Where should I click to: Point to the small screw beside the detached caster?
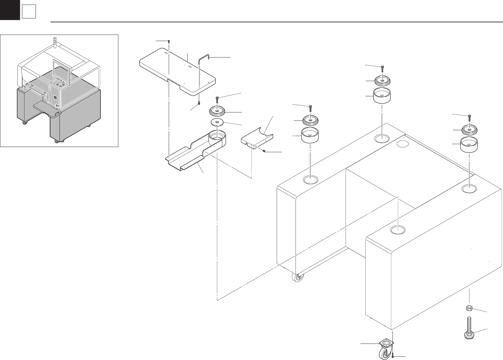392,355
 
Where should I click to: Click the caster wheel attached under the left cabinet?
297,278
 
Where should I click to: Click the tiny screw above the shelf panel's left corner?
169,41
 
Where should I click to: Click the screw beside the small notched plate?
264,151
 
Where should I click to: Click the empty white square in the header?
28,12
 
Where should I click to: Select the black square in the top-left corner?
10,10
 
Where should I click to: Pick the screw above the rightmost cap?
469,117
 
